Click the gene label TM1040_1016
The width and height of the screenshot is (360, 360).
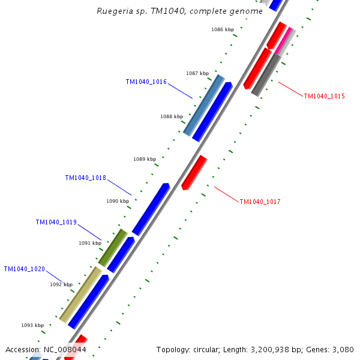pyautogui.click(x=146, y=82)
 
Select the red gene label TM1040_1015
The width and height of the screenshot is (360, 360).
pyautogui.click(x=324, y=96)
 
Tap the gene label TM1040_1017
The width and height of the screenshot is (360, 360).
pyautogui.click(x=260, y=202)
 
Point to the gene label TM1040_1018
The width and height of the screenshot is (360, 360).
pyautogui.click(x=85, y=178)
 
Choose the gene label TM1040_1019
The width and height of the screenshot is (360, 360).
pyautogui.click(x=56, y=223)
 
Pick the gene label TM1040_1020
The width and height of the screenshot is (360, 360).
pyautogui.click(x=24, y=269)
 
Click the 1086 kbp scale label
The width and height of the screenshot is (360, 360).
pyautogui.click(x=222, y=29)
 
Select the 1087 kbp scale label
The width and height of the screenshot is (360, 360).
pyautogui.click(x=197, y=73)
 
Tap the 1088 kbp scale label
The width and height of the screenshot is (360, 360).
pyautogui.click(x=172, y=116)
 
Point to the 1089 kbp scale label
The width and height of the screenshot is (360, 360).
pyautogui.click(x=144, y=159)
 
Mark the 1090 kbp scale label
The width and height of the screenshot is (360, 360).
pyautogui.click(x=118, y=202)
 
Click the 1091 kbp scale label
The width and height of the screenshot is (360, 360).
pyautogui.click(x=90, y=243)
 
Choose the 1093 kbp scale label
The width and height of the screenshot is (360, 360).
pyautogui.click(x=32, y=325)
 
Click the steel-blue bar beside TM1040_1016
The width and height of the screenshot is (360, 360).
pyautogui.click(x=203, y=105)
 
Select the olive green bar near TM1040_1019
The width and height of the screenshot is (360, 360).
pyautogui.click(x=112, y=248)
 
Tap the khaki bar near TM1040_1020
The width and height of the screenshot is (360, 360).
pyautogui.click(x=80, y=295)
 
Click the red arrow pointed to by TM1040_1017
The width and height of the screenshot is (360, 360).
pyautogui.click(x=194, y=173)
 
